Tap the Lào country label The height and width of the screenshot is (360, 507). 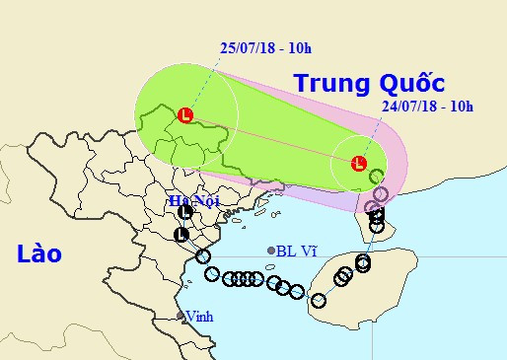point(39,253)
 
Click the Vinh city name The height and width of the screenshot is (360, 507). point(199,317)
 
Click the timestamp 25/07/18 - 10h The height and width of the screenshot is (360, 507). point(263,46)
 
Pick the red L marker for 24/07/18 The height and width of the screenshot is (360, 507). point(359,163)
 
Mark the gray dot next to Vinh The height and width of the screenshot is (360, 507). point(181,317)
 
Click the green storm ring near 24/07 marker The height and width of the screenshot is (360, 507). point(376,176)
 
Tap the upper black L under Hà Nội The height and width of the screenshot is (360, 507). point(184,211)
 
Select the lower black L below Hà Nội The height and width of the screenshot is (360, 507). point(181,234)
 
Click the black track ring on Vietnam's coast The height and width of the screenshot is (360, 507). point(203,256)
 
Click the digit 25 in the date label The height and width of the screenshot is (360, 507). point(226,46)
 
